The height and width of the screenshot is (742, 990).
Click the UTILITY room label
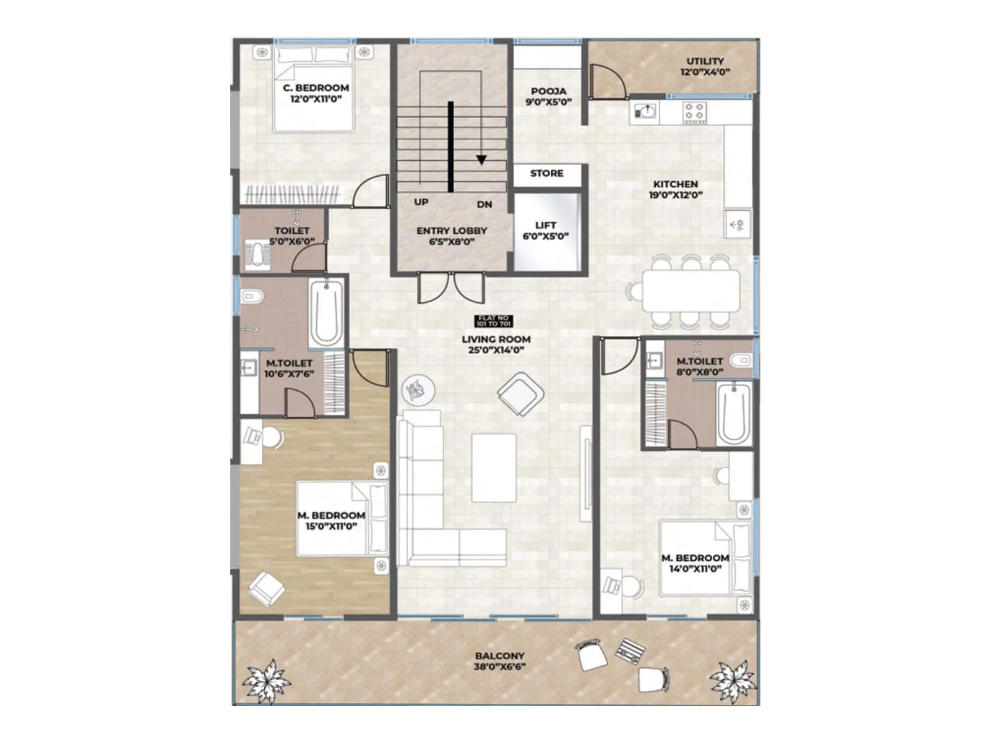(x=705, y=61)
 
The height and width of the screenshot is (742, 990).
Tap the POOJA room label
(x=548, y=92)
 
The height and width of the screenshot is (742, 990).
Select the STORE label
(x=546, y=174)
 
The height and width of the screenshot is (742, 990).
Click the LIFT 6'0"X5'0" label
(x=546, y=231)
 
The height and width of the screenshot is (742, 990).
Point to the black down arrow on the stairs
(x=481, y=160)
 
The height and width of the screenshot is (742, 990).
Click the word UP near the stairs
(x=421, y=202)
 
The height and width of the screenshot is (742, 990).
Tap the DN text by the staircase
(x=484, y=205)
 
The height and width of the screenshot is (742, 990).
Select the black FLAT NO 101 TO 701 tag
(x=494, y=321)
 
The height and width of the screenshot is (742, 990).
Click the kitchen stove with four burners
(x=694, y=113)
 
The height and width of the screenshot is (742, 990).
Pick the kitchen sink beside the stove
(x=645, y=113)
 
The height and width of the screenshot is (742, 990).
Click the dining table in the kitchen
(x=691, y=291)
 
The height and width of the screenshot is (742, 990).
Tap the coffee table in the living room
(x=494, y=467)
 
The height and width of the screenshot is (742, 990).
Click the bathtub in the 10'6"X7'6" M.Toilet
(x=325, y=313)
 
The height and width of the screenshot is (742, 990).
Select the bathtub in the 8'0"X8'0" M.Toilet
(x=734, y=413)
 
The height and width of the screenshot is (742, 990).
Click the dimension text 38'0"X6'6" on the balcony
(x=499, y=667)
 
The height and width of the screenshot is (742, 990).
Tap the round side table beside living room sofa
(x=418, y=391)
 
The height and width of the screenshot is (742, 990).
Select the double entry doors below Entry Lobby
(x=451, y=287)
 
